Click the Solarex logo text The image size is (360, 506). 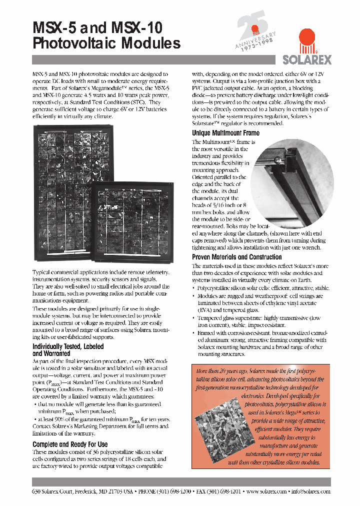point(307,59)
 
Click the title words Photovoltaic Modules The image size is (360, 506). point(106,43)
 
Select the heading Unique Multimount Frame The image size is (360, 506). point(225,133)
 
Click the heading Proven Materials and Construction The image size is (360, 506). point(237,257)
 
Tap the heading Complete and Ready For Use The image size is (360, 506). point(70,444)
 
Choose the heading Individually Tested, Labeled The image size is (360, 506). point(68,346)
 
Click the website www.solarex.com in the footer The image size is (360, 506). point(266,491)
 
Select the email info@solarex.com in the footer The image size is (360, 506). point(311,491)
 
